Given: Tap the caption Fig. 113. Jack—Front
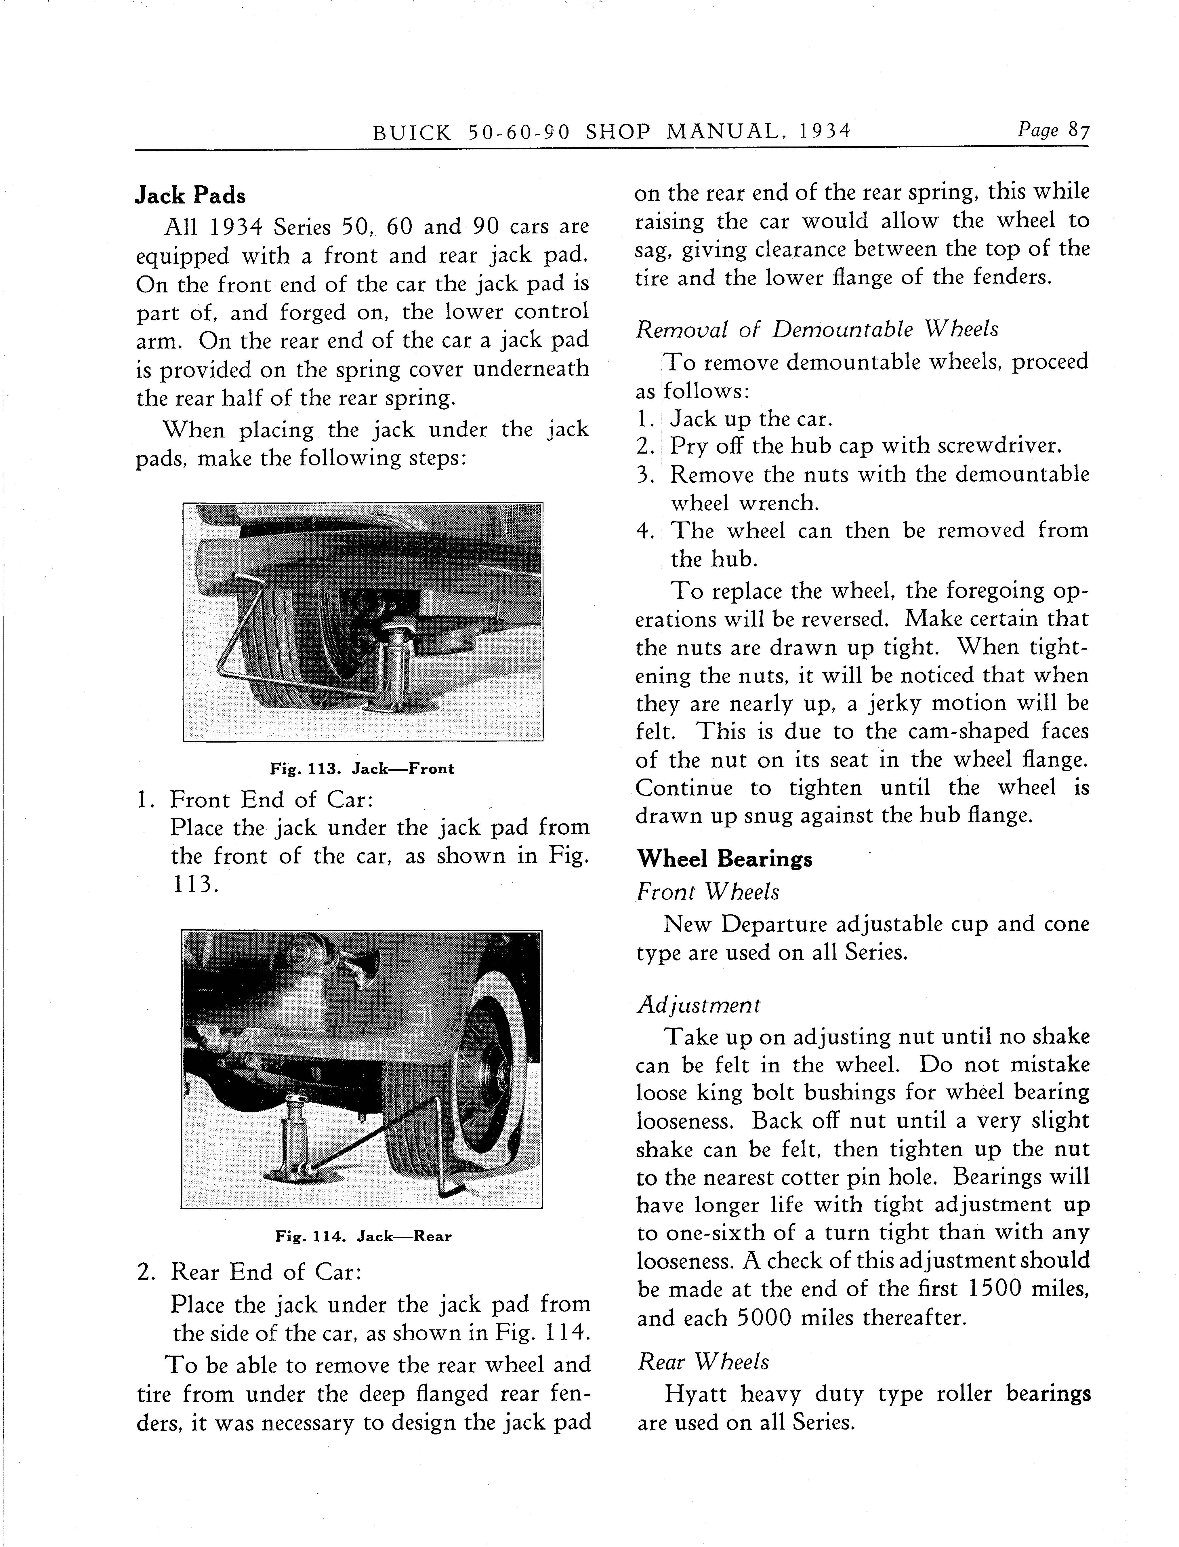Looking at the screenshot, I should (x=362, y=768).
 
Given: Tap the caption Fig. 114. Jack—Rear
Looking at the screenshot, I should (x=363, y=1236).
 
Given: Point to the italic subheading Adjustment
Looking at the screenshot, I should (x=698, y=1005).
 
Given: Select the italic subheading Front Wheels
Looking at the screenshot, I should (x=708, y=892).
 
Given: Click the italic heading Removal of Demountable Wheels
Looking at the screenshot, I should (x=816, y=329).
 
